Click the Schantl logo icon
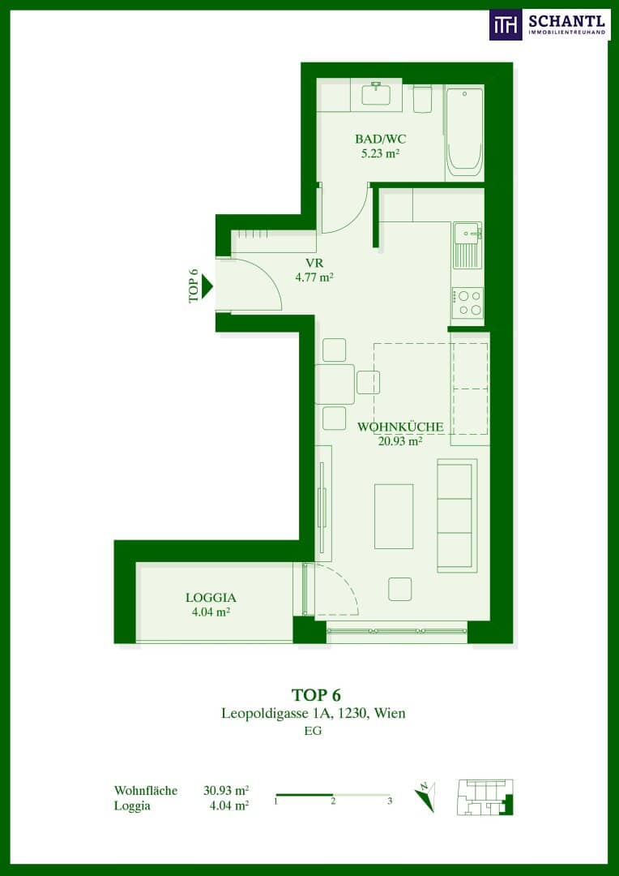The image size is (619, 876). [506, 24]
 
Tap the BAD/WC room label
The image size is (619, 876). [379, 140]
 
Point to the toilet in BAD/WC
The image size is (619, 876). [423, 99]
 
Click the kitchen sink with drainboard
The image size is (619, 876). [467, 245]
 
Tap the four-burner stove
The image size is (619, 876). [467, 303]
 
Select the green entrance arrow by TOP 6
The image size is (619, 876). [207, 286]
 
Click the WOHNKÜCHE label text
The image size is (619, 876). [400, 427]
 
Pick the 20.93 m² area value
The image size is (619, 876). [399, 441]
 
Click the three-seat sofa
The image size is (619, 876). [457, 516]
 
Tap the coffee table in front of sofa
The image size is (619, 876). [394, 516]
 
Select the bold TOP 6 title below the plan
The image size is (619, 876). [316, 694]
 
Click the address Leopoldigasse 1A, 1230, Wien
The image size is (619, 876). [313, 714]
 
